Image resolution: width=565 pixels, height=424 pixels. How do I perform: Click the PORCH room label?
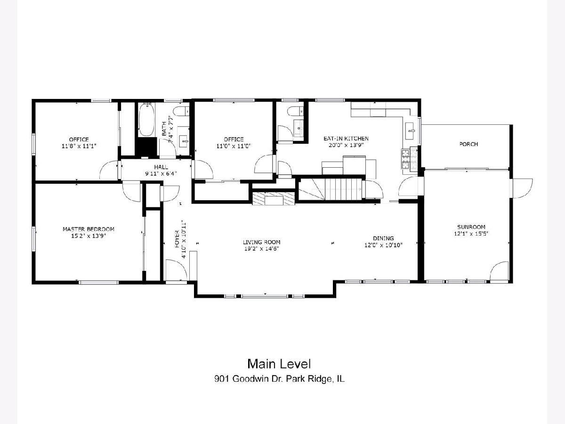click(x=468, y=144)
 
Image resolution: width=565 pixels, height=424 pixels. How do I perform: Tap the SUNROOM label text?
click(x=471, y=227)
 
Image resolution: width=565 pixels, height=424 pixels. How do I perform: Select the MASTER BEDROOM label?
click(x=89, y=229)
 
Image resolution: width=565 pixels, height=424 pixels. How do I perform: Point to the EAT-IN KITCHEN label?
click(x=346, y=139)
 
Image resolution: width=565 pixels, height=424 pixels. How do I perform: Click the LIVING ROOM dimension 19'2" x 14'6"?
click(x=261, y=249)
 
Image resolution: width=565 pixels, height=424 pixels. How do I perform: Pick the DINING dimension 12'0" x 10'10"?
click(x=383, y=245)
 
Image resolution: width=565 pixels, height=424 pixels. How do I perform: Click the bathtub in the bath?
click(x=146, y=120)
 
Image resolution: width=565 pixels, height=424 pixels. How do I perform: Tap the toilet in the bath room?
click(x=181, y=112)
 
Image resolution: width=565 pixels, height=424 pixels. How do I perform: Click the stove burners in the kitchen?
click(x=409, y=159)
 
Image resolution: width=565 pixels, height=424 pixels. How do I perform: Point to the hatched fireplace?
click(x=274, y=198)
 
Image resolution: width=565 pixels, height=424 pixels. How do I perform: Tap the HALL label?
click(x=161, y=167)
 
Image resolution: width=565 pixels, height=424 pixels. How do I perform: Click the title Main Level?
click(x=279, y=364)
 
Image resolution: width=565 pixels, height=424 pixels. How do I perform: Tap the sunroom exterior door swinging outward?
click(x=522, y=188)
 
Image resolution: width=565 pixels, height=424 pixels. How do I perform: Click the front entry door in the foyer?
click(x=176, y=270)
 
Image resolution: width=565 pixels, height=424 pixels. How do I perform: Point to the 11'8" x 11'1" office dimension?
click(x=79, y=146)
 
